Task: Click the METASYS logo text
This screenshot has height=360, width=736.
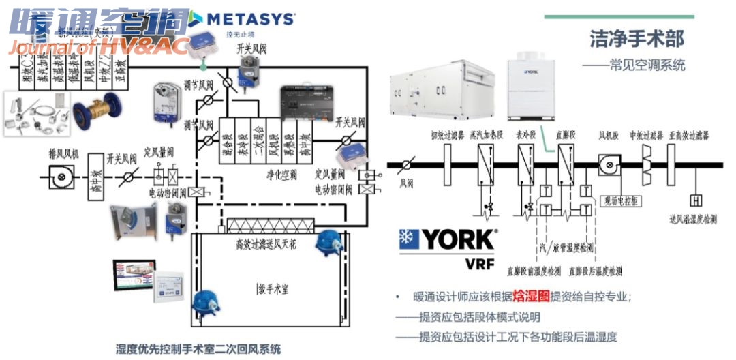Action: tap(250, 18)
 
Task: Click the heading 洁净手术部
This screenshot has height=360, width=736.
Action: tap(637, 39)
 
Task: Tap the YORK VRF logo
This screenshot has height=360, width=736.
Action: tap(447, 246)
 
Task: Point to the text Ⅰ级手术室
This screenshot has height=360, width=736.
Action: tap(273, 288)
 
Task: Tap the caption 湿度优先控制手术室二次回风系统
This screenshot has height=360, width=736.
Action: tap(198, 349)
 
